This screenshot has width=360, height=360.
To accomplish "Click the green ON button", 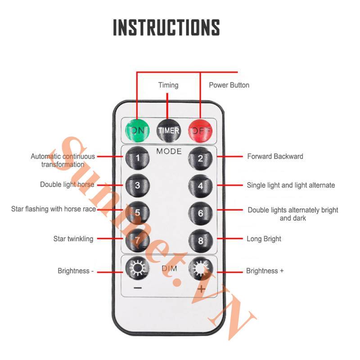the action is [137, 130].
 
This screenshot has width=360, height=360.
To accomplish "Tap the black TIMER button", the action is [168, 130].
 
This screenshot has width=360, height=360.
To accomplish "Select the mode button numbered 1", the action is [137, 158].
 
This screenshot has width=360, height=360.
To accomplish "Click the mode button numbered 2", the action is [200, 158].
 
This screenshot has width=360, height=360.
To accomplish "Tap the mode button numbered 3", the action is [137, 185].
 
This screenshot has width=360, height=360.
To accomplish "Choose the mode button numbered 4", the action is [200, 186].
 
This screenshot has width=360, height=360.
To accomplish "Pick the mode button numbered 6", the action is [200, 213].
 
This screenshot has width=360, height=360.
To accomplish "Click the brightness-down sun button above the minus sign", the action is [137, 268].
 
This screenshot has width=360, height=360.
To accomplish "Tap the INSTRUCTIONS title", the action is [166, 27].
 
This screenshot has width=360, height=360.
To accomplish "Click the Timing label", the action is [168, 85].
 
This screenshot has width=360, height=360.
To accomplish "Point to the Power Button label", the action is [229, 85].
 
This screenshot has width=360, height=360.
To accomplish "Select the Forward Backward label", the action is [275, 156].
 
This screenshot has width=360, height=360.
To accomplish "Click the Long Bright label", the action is [264, 239].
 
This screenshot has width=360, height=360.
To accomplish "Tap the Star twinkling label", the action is [73, 239].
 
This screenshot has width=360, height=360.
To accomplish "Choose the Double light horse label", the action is [67, 184].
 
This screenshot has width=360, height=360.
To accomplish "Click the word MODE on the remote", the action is [169, 151].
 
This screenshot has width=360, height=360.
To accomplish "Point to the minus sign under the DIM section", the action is [138, 288].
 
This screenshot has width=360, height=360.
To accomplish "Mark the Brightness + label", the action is [265, 271].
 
